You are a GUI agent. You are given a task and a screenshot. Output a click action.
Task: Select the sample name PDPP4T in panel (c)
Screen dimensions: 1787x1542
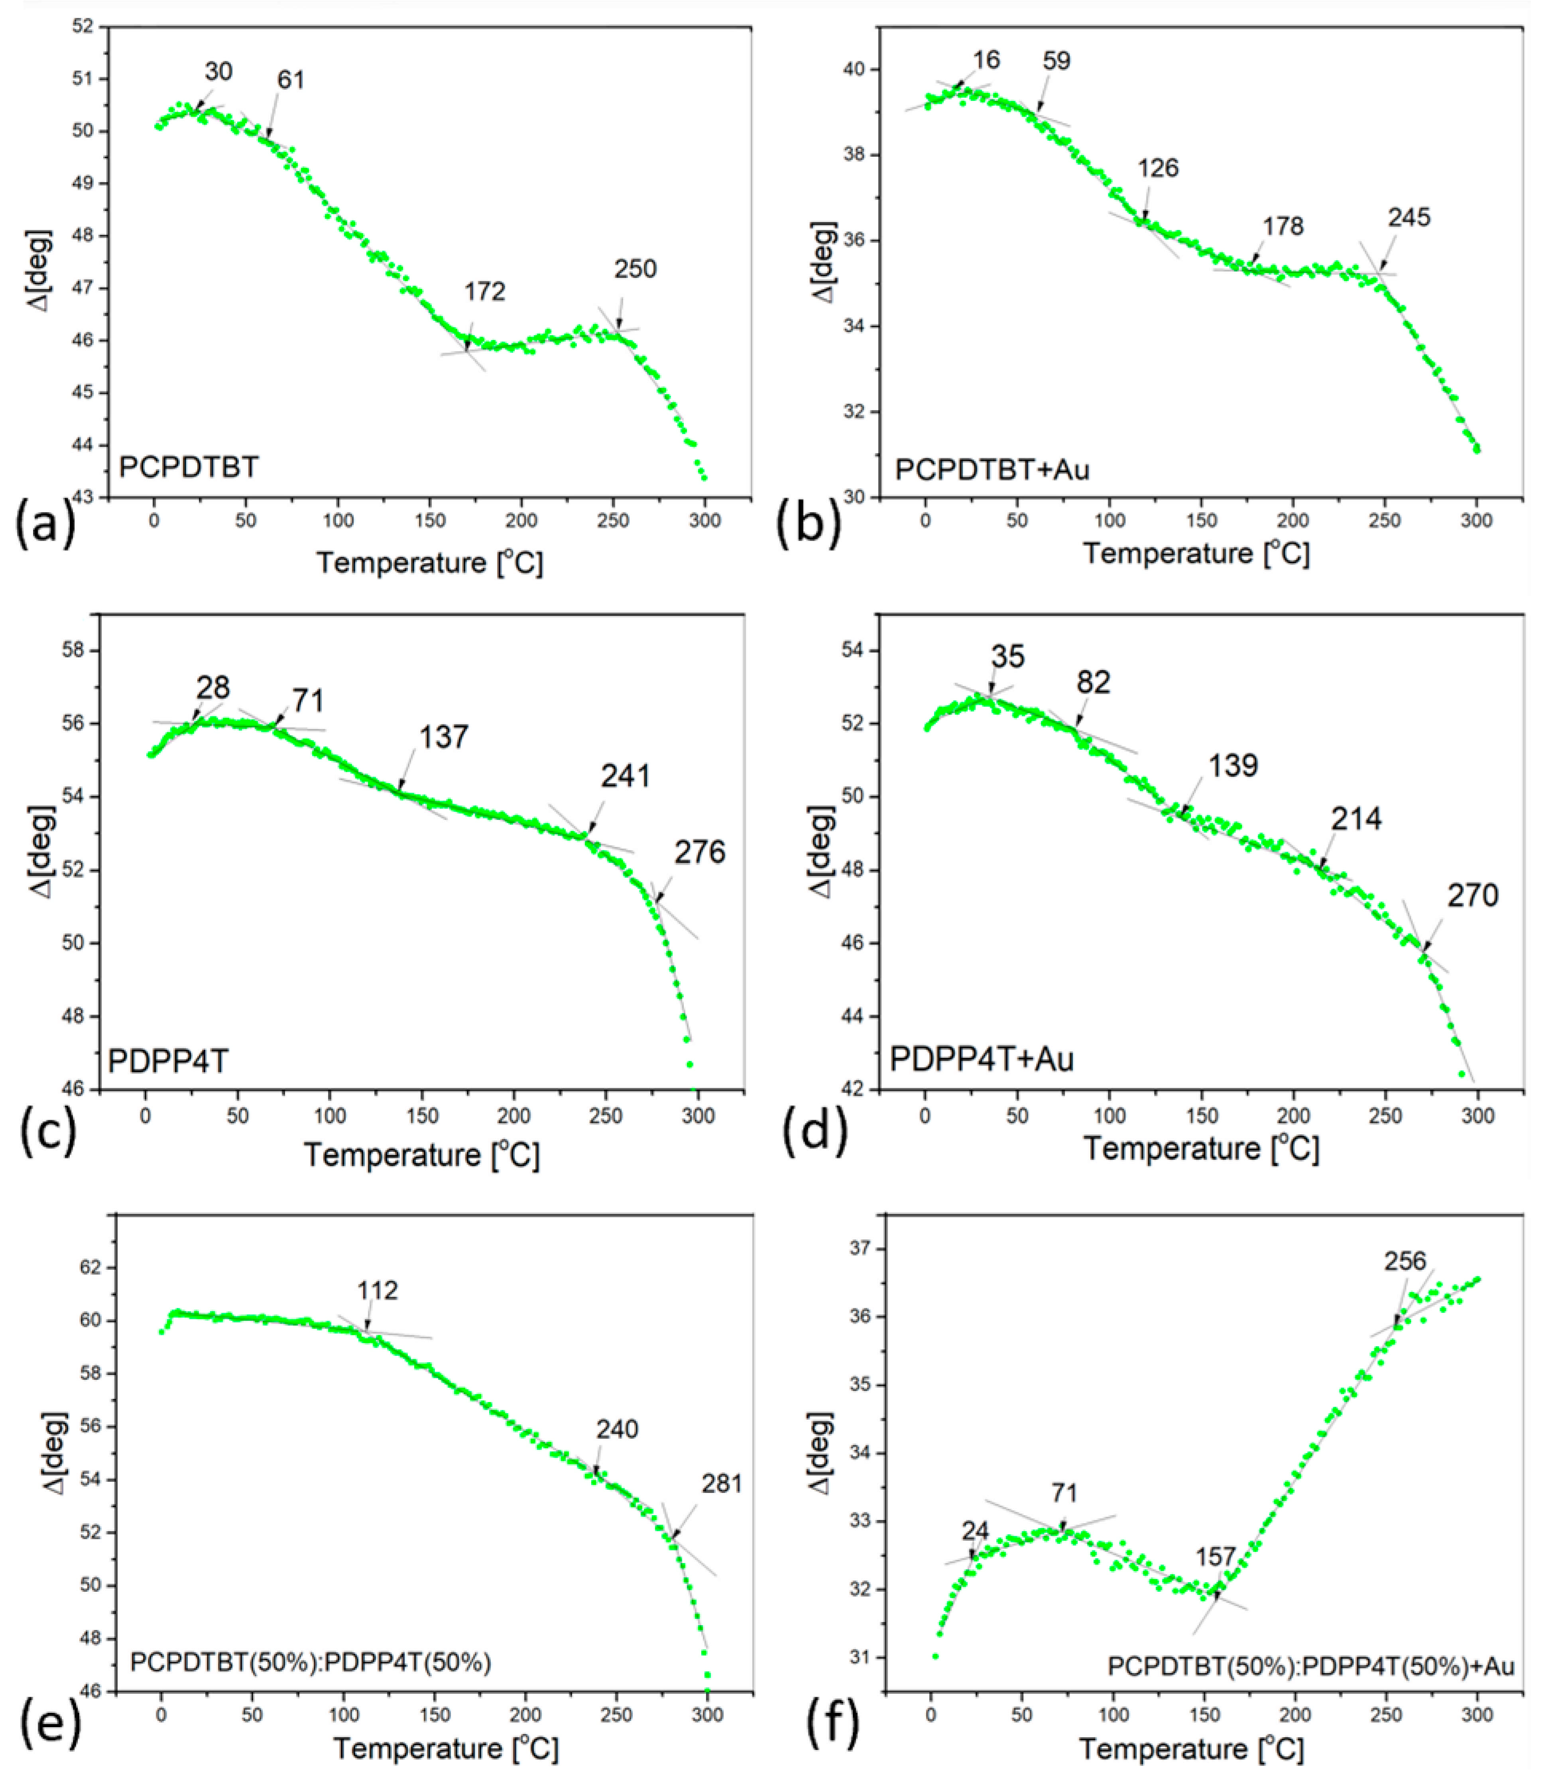pos(168,1061)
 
